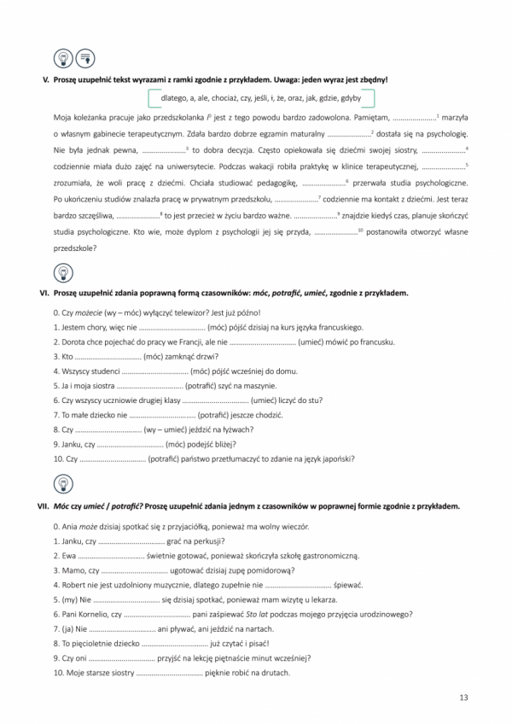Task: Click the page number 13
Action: coord(463,698)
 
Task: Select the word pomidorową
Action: coord(270,569)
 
